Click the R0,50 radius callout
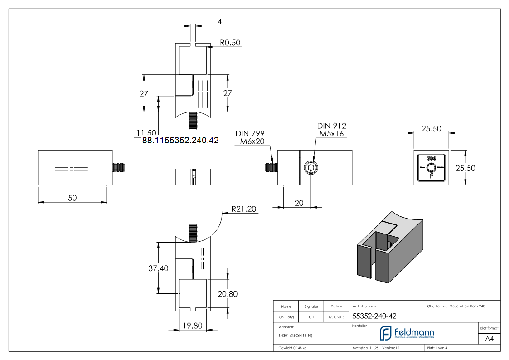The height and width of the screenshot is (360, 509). tap(231, 43)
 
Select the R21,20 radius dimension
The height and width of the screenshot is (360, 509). tap(244, 209)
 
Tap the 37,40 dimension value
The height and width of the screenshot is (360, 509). tap(158, 268)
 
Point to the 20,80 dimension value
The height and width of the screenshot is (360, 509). tap(228, 294)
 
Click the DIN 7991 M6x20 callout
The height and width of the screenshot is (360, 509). tap(252, 138)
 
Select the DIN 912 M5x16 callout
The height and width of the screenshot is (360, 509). tap(331, 130)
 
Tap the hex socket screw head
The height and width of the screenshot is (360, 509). tap(310, 168)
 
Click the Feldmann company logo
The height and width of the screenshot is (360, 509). tap(407, 333)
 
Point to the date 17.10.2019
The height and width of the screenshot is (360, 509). tap(336, 317)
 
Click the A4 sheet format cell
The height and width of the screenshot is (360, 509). tap(489, 338)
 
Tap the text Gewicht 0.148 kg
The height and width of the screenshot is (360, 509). tap(292, 348)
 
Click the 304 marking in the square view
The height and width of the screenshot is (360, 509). tap(431, 158)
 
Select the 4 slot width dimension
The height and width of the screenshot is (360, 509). tap(219, 22)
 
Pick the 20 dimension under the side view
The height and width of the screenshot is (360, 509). tap(299, 203)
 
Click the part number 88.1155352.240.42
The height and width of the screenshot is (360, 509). tap(180, 141)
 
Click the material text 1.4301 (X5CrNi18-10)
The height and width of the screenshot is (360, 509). tap(296, 336)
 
